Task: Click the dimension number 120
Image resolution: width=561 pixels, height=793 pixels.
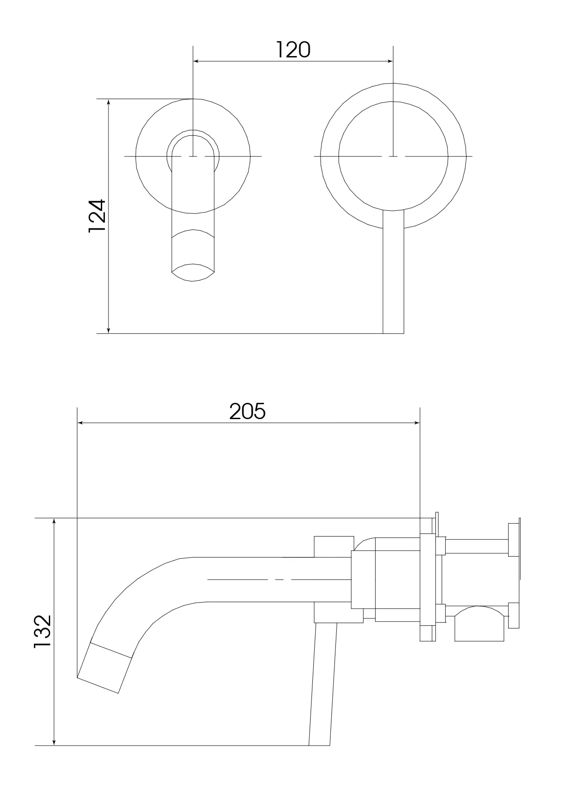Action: (293, 50)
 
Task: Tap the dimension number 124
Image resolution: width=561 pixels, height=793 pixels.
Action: (97, 216)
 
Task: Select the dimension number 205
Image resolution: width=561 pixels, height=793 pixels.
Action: (247, 411)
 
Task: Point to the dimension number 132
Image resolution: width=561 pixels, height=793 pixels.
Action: (43, 632)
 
